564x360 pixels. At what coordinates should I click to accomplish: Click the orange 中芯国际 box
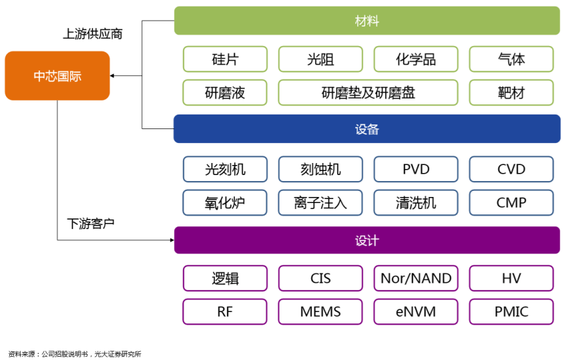coord(57,76)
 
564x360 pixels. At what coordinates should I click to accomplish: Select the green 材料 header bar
coord(367,21)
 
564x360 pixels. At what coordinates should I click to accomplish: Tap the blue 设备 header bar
coord(367,129)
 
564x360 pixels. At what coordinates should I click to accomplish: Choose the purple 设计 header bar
coord(367,240)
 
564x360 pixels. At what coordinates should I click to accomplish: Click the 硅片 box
coord(225,59)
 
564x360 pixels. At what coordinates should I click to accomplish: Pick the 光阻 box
coord(321,59)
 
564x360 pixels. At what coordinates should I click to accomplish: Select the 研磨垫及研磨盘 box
coord(368,92)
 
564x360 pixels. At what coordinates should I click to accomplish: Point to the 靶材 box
coord(511,92)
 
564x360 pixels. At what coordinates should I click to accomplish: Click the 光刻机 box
coord(225,169)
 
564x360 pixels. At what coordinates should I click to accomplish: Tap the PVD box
coord(416,169)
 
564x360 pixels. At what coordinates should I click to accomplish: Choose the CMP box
coord(511,203)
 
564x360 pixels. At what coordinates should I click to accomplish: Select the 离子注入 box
coord(321,203)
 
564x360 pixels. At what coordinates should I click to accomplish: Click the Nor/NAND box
coord(416,278)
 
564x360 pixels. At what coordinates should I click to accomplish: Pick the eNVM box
coord(416,312)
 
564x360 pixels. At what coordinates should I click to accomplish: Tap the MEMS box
coord(321,312)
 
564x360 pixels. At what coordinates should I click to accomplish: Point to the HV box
coord(511,278)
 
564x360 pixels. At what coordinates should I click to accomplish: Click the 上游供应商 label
coord(93,34)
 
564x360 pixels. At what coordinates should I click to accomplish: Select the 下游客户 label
coord(90,224)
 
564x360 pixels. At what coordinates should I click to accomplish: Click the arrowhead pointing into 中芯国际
coord(112,76)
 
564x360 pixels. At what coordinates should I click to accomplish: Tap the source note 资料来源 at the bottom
coord(74,354)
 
